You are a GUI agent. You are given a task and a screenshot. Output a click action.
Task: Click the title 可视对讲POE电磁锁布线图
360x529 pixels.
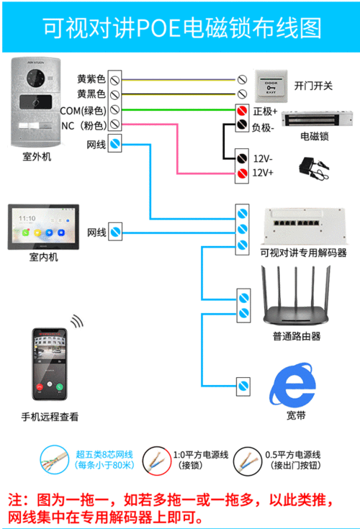(x=181, y=27)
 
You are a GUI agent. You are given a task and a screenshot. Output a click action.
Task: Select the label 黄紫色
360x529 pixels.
(x=91, y=78)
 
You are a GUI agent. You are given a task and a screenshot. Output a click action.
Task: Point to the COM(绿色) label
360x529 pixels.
(x=83, y=110)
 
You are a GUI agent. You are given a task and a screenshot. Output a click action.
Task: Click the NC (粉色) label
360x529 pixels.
(x=83, y=126)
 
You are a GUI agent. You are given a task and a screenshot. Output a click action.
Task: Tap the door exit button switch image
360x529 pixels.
(x=271, y=85)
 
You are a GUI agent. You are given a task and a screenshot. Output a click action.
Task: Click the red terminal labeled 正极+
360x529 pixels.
(x=243, y=112)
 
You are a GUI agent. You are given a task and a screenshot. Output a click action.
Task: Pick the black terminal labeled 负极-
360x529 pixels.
(x=243, y=127)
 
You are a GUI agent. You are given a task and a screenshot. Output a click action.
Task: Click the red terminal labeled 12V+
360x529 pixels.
(x=243, y=173)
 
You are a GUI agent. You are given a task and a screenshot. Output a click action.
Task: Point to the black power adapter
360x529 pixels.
(x=312, y=166)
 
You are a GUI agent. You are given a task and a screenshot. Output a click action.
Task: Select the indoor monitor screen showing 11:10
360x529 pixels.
(x=44, y=227)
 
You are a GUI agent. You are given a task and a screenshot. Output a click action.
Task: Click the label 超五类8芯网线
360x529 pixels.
(x=104, y=454)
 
